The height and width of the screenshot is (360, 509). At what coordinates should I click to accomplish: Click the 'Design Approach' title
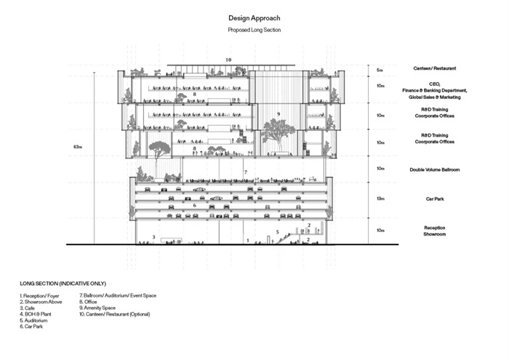pos(254,17)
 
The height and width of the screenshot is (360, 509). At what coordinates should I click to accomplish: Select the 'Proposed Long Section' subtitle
pos(254,30)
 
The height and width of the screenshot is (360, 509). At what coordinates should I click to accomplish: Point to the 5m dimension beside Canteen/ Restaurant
pos(380,70)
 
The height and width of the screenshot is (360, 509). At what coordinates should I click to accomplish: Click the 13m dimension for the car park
pos(380,198)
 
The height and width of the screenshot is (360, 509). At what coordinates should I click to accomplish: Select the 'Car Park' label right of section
pos(438,198)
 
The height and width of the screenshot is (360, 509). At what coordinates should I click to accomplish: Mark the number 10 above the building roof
pos(228,59)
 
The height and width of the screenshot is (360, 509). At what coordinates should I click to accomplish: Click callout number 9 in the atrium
pos(278,114)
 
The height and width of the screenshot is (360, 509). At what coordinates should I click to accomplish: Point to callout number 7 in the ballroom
pos(246,172)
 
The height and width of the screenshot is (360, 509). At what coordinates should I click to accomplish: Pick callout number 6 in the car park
pos(194,206)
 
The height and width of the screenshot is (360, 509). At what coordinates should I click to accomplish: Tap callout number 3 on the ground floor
pos(153,237)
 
